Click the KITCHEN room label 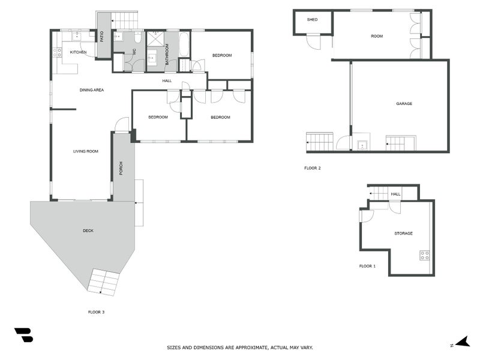(x=78, y=52)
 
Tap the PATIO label (x=102, y=37)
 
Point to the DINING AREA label (x=92, y=90)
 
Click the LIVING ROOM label (x=85, y=151)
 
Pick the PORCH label (x=121, y=169)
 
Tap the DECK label (x=88, y=231)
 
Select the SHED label (x=312, y=20)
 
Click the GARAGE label (x=404, y=104)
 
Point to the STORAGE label (x=403, y=233)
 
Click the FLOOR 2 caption (x=312, y=168)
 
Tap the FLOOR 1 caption (x=367, y=266)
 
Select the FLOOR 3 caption (x=96, y=312)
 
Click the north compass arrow (x=461, y=343)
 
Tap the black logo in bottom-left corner (x=23, y=335)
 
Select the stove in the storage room (x=424, y=254)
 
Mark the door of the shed (x=313, y=43)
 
